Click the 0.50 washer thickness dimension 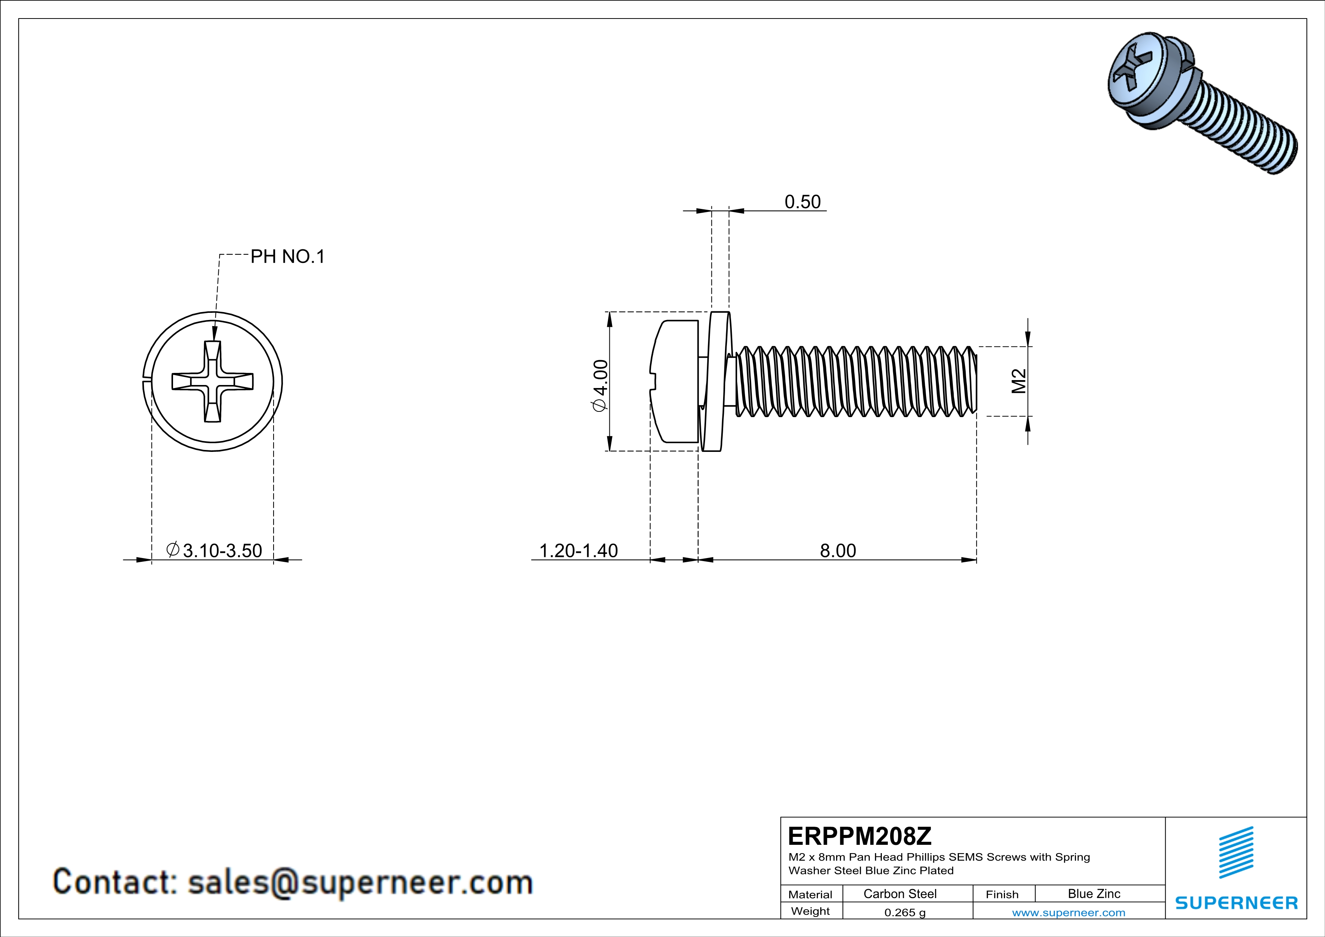point(802,202)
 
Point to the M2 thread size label point(1019,381)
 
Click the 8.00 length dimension point(838,550)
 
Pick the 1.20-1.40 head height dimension point(578,550)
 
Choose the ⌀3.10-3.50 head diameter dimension point(215,550)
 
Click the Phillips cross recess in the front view point(212,381)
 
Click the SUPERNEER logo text point(1236,903)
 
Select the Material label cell point(810,894)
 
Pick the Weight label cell point(810,911)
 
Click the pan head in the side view point(675,381)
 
